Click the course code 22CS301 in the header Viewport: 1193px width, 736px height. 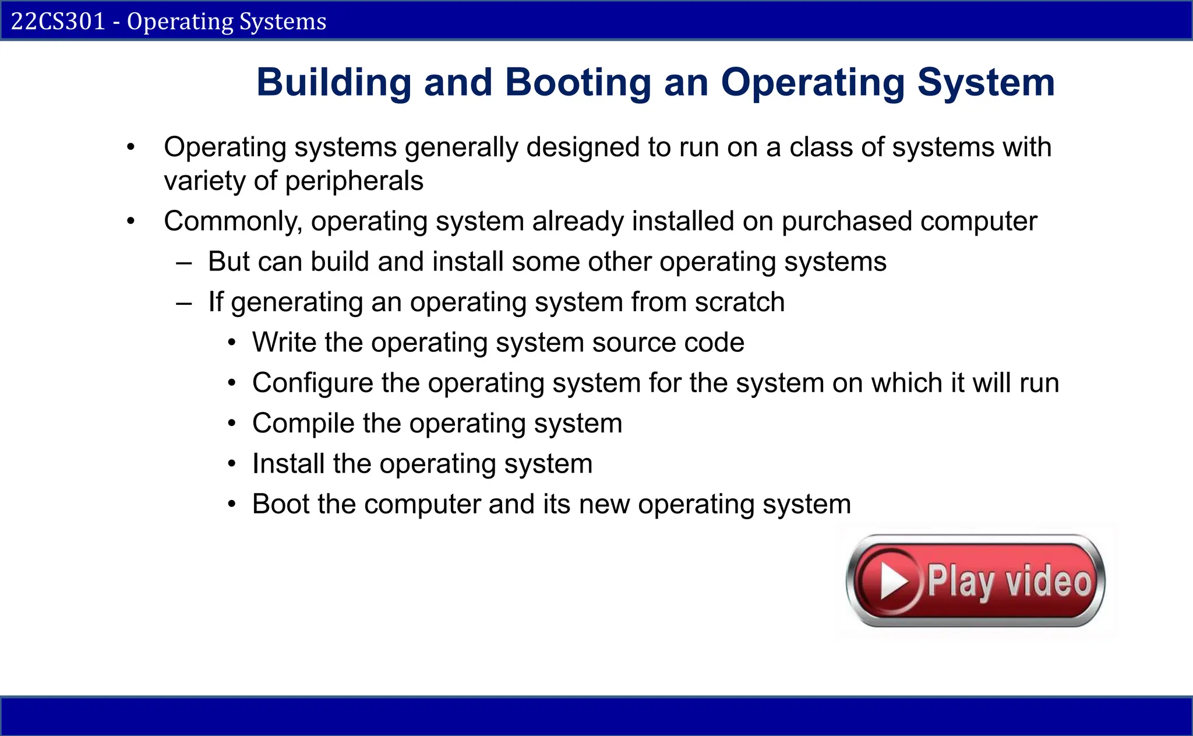pyautogui.click(x=58, y=22)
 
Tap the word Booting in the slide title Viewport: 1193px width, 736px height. pyautogui.click(x=577, y=82)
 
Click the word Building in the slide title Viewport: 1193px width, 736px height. pyautogui.click(x=334, y=82)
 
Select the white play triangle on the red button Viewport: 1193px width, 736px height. pyautogui.click(x=893, y=581)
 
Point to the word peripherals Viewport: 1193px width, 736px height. pyautogui.click(x=354, y=181)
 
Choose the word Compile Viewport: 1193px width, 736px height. pyautogui.click(x=303, y=423)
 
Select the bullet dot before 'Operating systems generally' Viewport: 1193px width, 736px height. pyautogui.click(x=131, y=147)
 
